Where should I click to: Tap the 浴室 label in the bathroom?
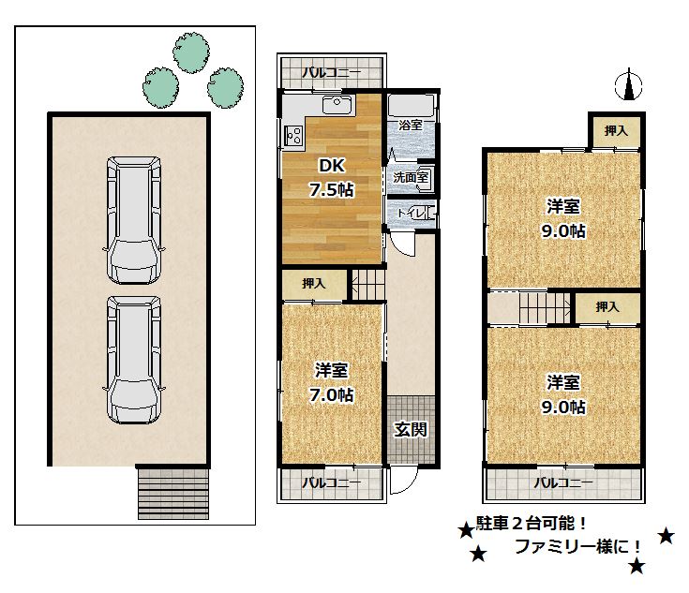click(410, 125)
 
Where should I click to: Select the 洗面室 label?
click(410, 176)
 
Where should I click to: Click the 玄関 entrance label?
click(411, 430)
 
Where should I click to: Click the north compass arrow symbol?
click(629, 87)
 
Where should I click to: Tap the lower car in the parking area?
click(133, 361)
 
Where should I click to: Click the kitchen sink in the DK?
click(335, 104)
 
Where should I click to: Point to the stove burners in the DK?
click(292, 135)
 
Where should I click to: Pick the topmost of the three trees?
click(192, 53)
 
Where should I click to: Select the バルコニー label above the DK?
click(331, 71)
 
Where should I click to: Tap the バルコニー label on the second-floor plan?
click(563, 483)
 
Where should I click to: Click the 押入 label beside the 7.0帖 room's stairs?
click(315, 283)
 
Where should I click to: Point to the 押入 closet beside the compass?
click(615, 132)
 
